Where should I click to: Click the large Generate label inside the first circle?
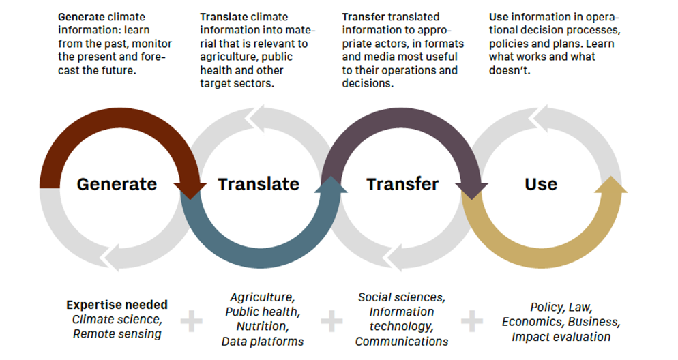[117, 184]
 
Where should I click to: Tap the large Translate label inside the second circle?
[259, 184]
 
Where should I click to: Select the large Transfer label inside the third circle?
[402, 184]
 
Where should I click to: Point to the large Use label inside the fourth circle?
[541, 184]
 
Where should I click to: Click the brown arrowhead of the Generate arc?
[190, 190]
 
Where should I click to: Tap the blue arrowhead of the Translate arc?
[331, 184]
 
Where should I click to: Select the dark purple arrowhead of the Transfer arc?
[472, 191]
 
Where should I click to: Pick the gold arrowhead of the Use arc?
[610, 184]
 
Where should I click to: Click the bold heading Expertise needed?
[117, 305]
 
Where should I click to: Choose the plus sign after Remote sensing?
[191, 321]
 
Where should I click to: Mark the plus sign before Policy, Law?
[472, 321]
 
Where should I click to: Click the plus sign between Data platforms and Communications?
[331, 321]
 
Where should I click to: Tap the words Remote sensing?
[117, 333]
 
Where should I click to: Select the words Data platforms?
[263, 342]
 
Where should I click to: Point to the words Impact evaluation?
[561, 337]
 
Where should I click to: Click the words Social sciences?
[400, 297]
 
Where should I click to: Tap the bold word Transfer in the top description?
[363, 17]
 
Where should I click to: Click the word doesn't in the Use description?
[510, 70]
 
